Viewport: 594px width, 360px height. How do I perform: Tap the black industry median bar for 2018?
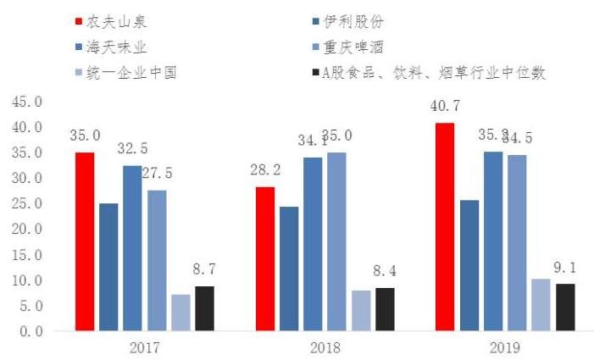[384, 309]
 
